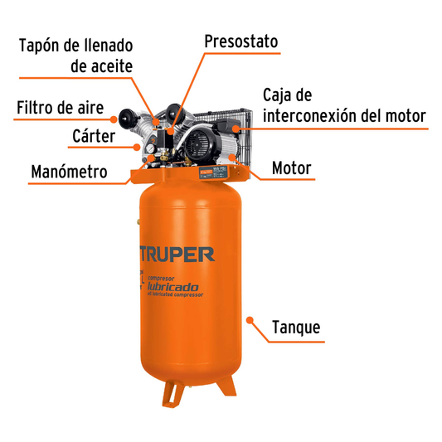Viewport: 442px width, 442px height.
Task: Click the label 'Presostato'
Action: pyautogui.click(x=240, y=41)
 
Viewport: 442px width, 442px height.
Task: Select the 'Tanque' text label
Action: pyautogui.click(x=296, y=328)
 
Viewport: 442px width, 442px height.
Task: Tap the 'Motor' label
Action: pyautogui.click(x=291, y=168)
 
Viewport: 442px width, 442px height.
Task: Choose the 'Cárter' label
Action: pyautogui.click(x=93, y=134)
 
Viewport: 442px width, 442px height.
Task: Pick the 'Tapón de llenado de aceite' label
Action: pyautogui.click(x=75, y=55)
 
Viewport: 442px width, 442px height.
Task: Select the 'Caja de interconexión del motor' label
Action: pyautogui.click(x=343, y=104)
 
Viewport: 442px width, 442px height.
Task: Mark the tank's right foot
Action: pyautogui.click(x=225, y=387)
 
